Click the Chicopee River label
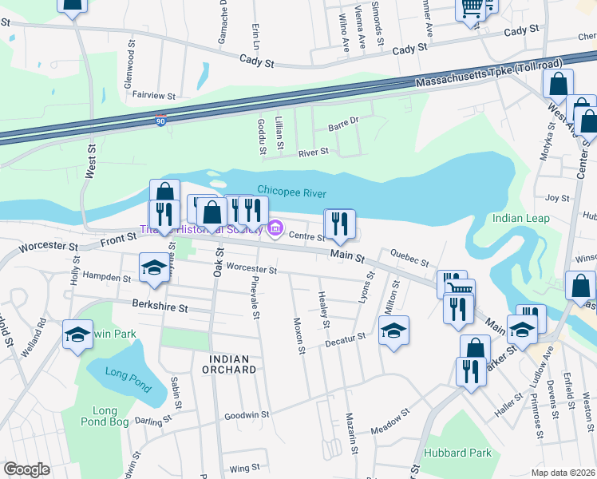[x=293, y=190]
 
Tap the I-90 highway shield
[x=161, y=121]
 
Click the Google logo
[x=26, y=469]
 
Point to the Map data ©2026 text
[x=563, y=473]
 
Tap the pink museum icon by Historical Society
[x=275, y=229]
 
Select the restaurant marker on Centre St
[x=340, y=224]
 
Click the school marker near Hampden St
[x=153, y=268]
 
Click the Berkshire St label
[x=160, y=307]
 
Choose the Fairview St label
[x=154, y=95]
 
